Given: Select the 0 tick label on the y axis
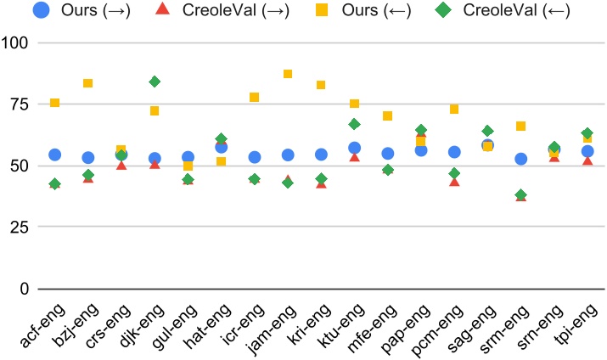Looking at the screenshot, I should pos(24,290).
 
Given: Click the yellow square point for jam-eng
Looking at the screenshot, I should pos(288,74).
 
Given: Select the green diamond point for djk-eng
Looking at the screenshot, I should pos(155,82).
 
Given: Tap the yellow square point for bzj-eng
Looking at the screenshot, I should pos(88,83).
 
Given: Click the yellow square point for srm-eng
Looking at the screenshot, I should pos(521,127).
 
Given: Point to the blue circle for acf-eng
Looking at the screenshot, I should pos(54,155).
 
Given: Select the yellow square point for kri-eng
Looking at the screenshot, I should pos(321,85).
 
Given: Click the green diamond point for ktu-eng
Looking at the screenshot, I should pos(354,124).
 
